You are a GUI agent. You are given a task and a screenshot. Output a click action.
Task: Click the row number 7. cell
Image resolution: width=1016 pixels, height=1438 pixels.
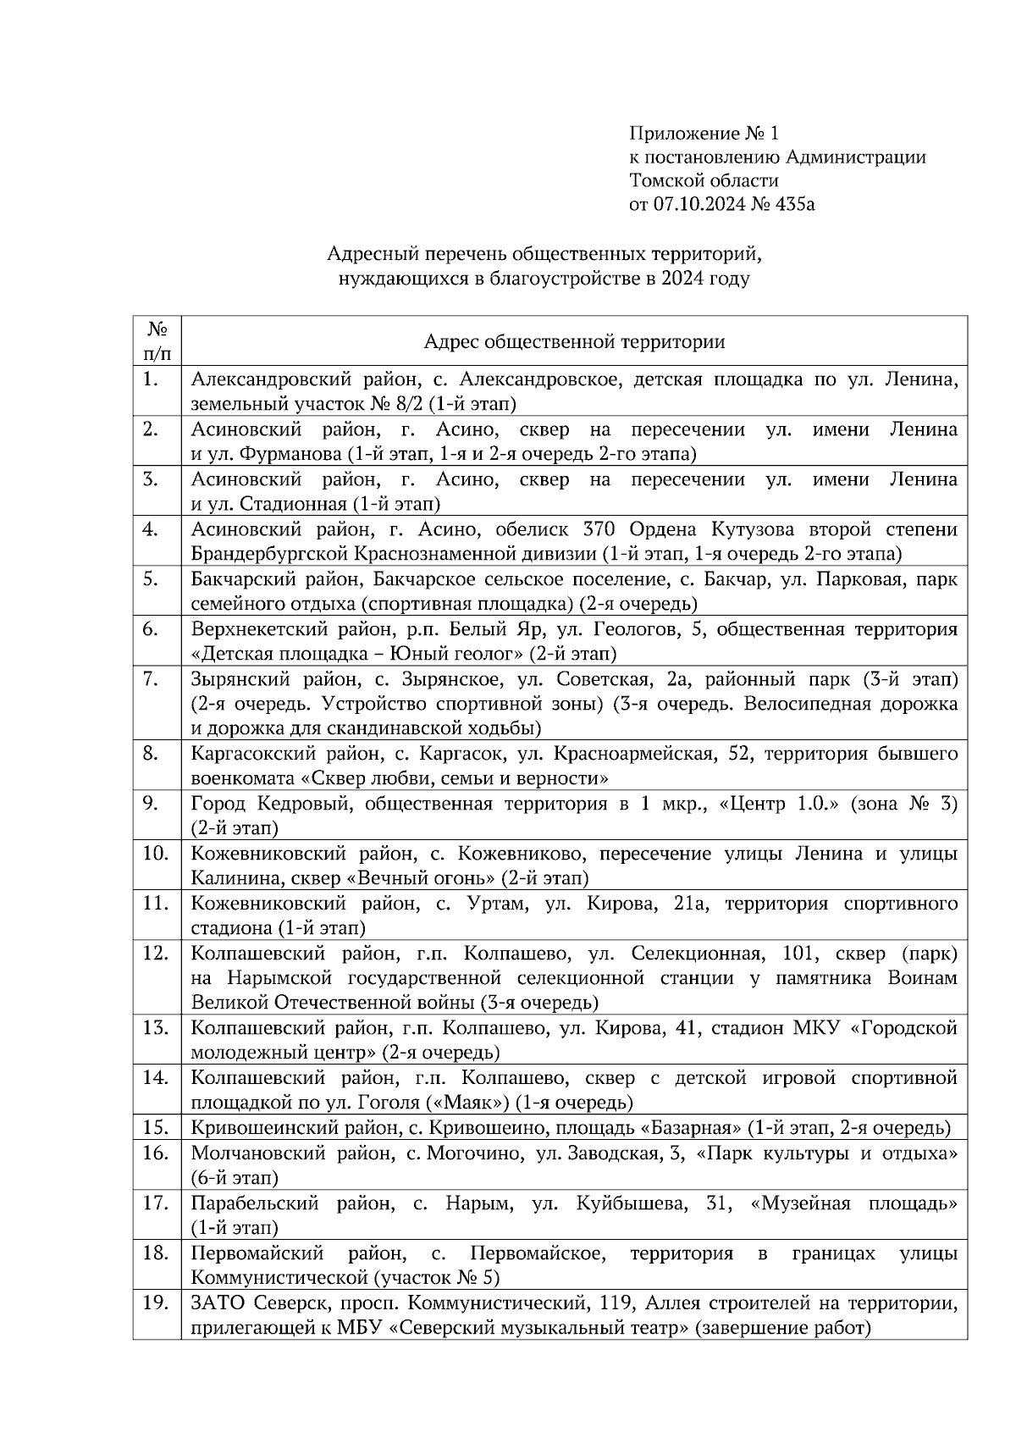coord(157,704)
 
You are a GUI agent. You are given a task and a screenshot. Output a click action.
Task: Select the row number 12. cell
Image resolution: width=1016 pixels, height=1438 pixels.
coord(157,978)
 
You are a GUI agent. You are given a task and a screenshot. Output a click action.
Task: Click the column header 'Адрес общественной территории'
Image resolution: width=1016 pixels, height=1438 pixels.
coord(574,341)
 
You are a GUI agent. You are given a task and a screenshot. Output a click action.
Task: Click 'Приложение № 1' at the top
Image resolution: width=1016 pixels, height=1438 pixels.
coord(702,133)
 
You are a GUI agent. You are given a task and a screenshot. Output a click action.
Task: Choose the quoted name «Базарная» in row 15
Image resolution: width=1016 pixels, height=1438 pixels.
coord(689,1128)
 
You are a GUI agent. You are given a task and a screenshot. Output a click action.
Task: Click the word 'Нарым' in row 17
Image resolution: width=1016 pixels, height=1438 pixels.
coord(477,1203)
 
